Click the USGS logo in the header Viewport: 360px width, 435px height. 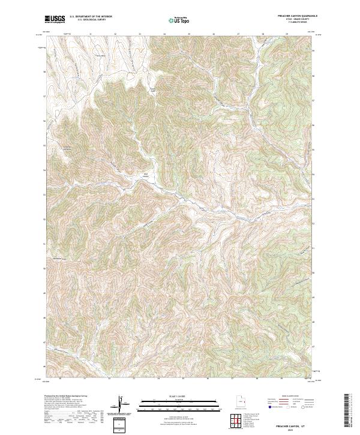(x=55, y=19)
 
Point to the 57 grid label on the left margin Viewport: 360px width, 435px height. (x=44, y=95)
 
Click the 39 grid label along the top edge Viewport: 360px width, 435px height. (x=287, y=34)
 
